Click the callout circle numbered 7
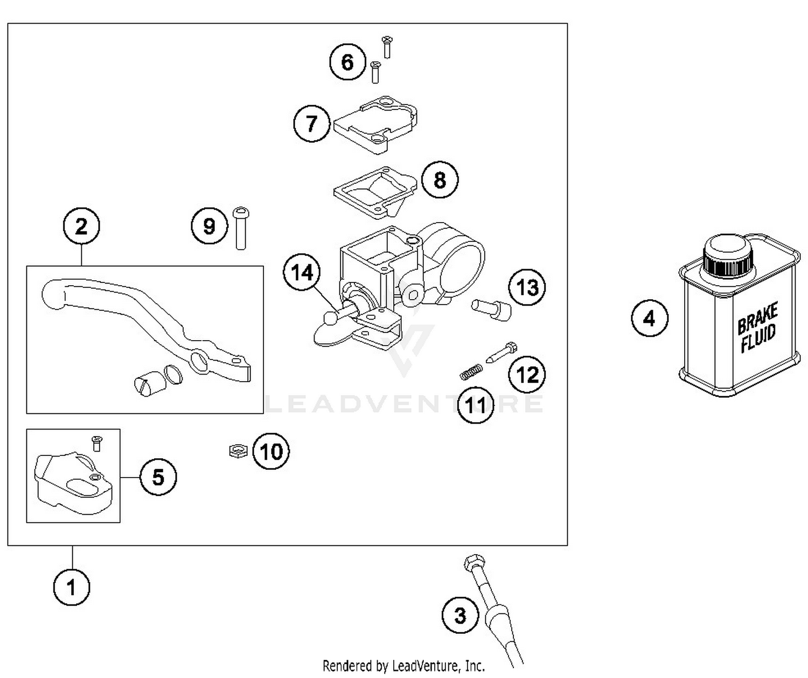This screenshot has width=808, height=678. tap(311, 123)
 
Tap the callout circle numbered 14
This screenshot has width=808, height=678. tap(302, 273)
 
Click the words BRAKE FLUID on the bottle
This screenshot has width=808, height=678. tap(757, 327)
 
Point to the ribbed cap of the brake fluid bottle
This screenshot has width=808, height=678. tap(727, 257)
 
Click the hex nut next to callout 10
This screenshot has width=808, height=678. tap(238, 450)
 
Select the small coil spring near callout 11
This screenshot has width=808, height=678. tap(470, 371)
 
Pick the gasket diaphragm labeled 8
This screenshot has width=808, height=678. tap(375, 190)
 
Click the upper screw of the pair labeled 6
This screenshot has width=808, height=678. tap(387, 46)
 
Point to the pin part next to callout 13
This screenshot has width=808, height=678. tap(491, 309)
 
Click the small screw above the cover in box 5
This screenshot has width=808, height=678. tap(97, 443)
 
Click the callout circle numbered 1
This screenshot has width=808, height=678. tap(72, 587)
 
